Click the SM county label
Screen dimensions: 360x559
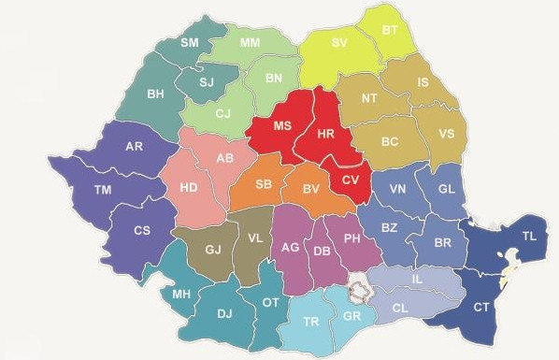190,43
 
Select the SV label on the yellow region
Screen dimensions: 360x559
340,43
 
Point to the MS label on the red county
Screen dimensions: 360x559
282,126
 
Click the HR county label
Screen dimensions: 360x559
326,135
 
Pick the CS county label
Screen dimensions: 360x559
143,231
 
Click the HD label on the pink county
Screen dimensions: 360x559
189,188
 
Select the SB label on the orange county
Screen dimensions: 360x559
265,185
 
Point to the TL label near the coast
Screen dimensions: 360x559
529,237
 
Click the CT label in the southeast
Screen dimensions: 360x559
481,307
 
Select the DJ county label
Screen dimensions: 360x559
224,314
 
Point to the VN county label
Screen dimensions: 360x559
398,189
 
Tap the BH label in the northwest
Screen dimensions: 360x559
156,94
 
